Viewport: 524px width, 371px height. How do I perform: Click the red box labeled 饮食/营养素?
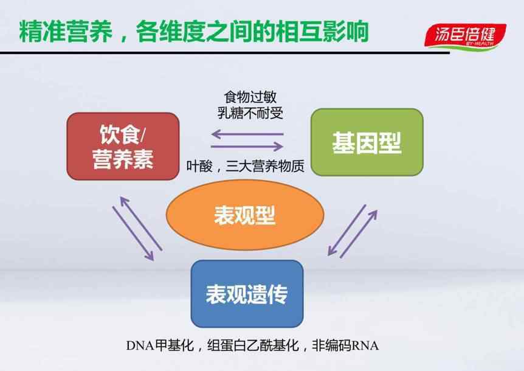(x=123, y=147)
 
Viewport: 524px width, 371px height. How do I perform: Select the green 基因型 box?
(x=367, y=142)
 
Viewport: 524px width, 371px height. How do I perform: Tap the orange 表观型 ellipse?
(x=245, y=215)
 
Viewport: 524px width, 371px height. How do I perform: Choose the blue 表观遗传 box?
(x=247, y=294)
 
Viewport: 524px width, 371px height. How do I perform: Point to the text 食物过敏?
(x=250, y=97)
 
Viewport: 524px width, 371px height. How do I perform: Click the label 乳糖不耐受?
(x=250, y=113)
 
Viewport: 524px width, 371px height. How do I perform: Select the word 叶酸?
(x=199, y=166)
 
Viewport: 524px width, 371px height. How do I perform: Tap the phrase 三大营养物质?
(x=265, y=166)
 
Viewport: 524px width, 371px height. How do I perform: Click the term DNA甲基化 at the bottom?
(x=160, y=345)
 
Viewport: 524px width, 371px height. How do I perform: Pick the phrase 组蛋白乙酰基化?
(x=253, y=345)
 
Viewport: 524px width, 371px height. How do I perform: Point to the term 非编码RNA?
(x=345, y=345)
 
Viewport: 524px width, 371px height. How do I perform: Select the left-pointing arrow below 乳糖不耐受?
(x=247, y=134)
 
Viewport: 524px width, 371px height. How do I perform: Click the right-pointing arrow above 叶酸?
(x=247, y=146)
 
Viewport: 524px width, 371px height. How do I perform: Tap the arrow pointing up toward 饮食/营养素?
(x=141, y=223)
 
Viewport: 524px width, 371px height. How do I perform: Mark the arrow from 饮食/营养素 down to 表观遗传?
(x=133, y=234)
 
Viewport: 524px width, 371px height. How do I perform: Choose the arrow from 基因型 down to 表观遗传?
(x=347, y=230)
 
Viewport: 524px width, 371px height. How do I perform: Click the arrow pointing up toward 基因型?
(x=359, y=234)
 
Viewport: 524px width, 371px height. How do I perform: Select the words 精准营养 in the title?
(x=66, y=32)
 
